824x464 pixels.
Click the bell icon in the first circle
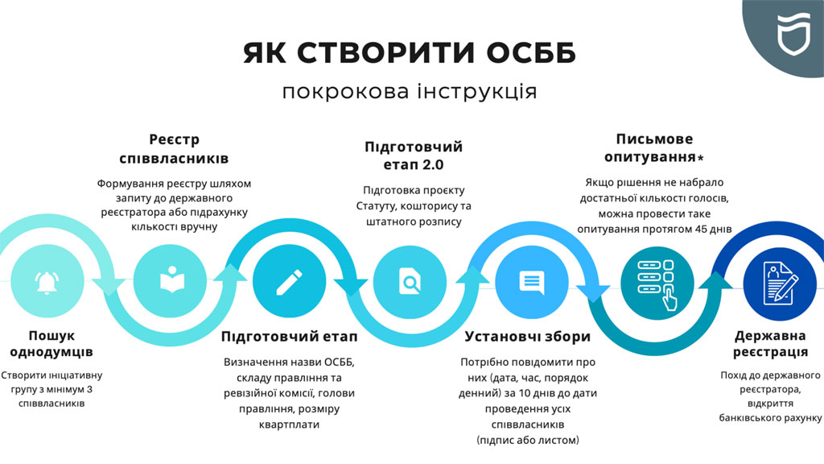pos(47,282)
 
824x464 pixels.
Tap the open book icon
pos(172,280)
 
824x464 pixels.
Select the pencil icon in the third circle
pos(289,282)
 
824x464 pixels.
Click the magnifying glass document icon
pos(410,281)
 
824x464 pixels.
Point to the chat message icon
pos(532,282)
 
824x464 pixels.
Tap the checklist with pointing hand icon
pos(657,284)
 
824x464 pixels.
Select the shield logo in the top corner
pos(793,34)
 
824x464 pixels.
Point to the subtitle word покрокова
pos(346,92)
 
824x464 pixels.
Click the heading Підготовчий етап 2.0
pos(414,155)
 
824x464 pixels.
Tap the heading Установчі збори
pos(528,336)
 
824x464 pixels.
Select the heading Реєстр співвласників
pos(174,149)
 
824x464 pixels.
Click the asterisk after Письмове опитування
pos(701,157)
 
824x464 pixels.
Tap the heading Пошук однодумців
pos(51,343)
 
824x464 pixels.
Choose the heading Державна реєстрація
pos(770,343)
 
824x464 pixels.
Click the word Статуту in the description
pos(375,205)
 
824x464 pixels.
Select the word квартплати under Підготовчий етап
pos(289,425)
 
